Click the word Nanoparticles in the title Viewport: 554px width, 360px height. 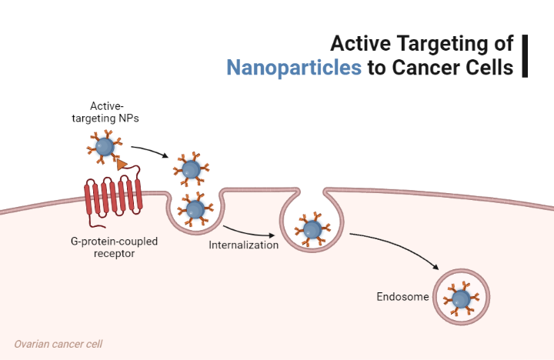tap(294, 67)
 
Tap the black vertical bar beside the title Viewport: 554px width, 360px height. tap(526, 55)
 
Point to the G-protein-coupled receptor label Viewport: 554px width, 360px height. tap(114, 247)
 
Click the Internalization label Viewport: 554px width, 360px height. tap(243, 245)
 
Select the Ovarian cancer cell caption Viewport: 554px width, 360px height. tap(58, 344)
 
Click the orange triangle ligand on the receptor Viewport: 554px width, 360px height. tap(121, 163)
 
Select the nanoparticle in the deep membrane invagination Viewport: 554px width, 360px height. tap(312, 228)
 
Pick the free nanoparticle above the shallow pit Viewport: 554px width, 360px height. tap(189, 168)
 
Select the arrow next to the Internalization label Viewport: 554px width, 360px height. tap(248, 231)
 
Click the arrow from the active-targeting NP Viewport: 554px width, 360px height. tap(150, 150)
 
